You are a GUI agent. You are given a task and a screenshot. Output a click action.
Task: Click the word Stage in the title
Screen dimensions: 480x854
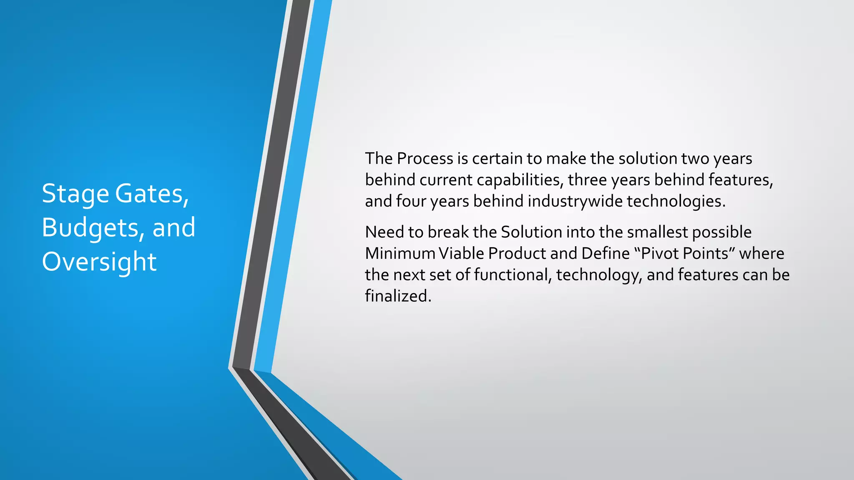(75, 194)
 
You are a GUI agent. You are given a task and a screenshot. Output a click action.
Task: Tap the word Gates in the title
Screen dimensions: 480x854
(152, 194)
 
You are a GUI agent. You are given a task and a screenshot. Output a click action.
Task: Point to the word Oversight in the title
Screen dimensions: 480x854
(99, 262)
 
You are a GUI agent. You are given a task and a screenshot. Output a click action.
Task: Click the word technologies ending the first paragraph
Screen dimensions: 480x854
(676, 201)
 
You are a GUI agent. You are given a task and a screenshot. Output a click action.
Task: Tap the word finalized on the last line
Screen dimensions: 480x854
(398, 296)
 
